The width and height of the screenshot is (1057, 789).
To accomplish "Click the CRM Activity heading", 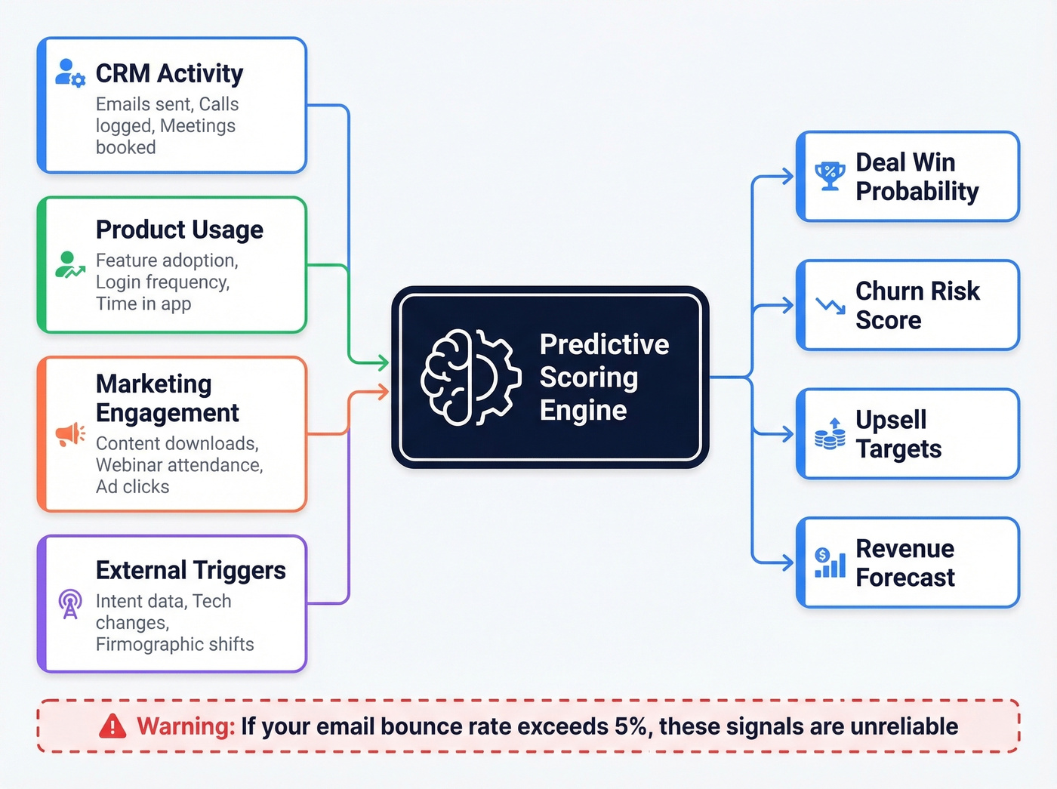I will tap(169, 73).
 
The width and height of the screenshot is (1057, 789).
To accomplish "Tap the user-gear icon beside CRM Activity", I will tap(70, 72).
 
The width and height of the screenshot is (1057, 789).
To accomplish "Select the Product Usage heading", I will tap(180, 230).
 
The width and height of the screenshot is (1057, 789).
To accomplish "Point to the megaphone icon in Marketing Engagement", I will tap(70, 434).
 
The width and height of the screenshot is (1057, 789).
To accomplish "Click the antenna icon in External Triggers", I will tap(70, 604).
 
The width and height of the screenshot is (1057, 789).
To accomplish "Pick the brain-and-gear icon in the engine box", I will tap(470, 377).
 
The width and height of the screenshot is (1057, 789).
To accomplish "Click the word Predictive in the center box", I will tap(604, 344).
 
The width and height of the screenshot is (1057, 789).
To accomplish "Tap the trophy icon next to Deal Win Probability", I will tap(830, 176).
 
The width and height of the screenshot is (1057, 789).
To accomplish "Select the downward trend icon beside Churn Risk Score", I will tap(830, 305).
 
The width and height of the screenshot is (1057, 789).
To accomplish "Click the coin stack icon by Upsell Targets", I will tap(830, 434).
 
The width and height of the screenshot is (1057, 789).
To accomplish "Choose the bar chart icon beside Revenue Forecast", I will tap(830, 563).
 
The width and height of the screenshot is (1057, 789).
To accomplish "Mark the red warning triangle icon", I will tap(112, 726).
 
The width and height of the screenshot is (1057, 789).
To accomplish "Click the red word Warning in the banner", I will tap(186, 726).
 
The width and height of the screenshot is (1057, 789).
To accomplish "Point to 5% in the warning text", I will tap(630, 726).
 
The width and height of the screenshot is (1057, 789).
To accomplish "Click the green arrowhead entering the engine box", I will tap(383, 363).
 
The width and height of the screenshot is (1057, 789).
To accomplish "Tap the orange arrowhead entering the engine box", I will tap(383, 391).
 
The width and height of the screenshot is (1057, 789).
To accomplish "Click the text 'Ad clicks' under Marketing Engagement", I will tap(132, 487).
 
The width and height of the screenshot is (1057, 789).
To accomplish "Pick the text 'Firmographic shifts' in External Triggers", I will tap(174, 644).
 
